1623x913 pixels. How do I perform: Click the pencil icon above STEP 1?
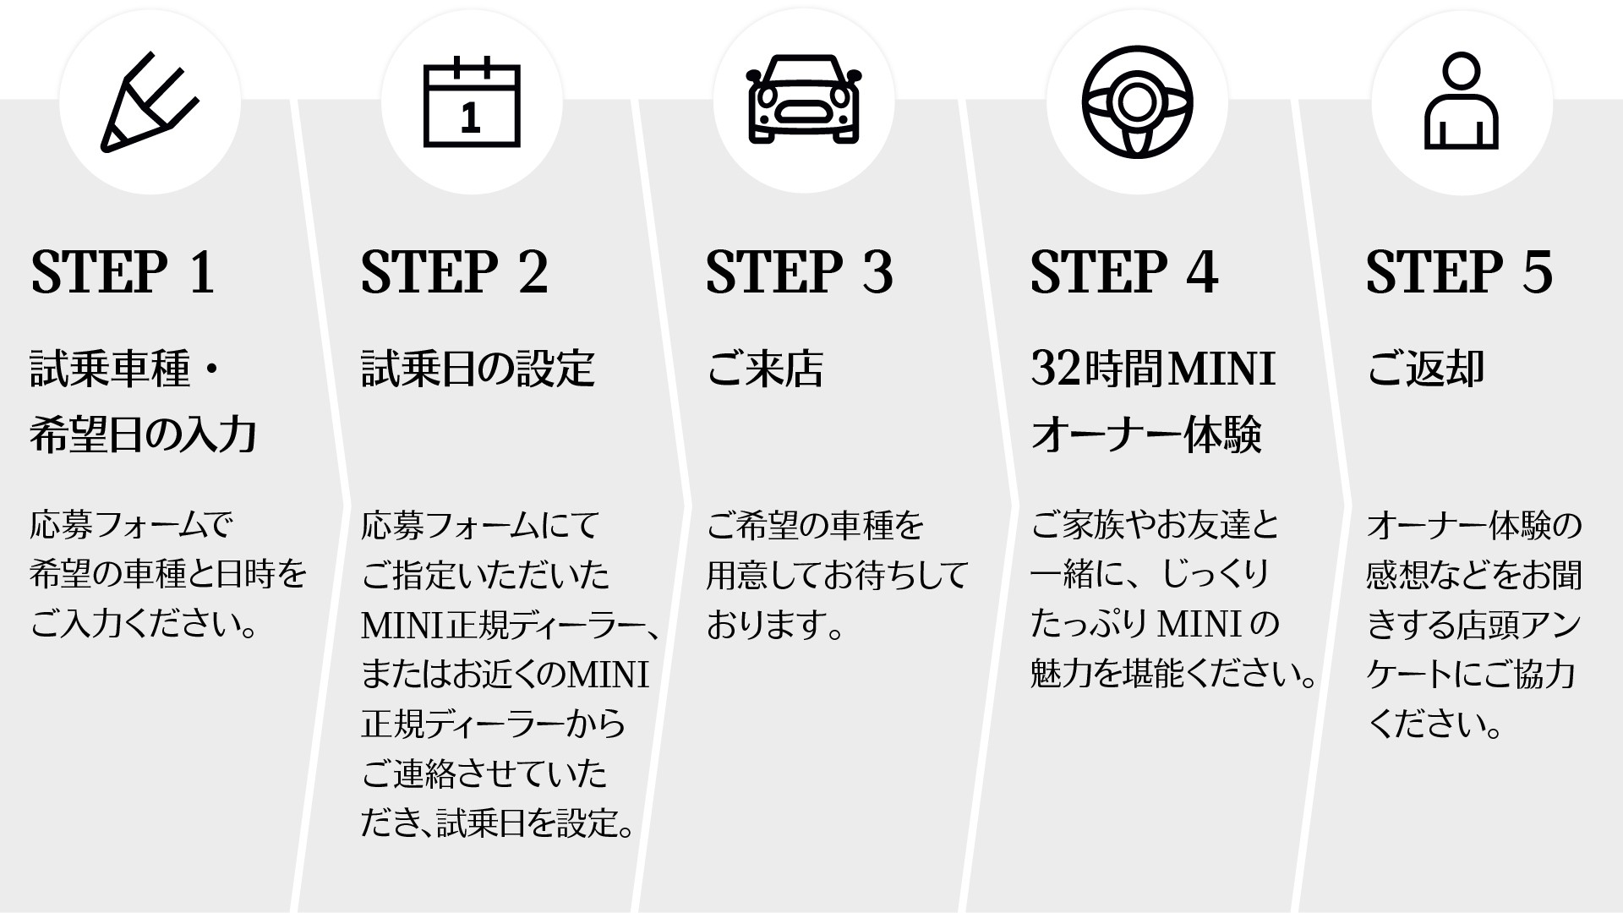pyautogui.click(x=149, y=103)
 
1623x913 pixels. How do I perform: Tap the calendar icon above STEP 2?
pyautogui.click(x=472, y=103)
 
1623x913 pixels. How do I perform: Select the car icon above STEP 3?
pyautogui.click(x=803, y=100)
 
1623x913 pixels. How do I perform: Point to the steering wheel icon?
pyautogui.click(x=1137, y=101)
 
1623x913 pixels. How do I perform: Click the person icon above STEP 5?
pyautogui.click(x=1462, y=101)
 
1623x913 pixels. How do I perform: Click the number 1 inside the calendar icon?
pyautogui.click(x=471, y=117)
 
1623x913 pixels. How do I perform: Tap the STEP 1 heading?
pyautogui.click(x=123, y=272)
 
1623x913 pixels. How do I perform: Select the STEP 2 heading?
pyautogui.click(x=455, y=272)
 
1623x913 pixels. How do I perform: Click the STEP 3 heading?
pyautogui.click(x=800, y=272)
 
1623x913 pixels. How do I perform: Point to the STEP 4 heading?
pyautogui.click(x=1124, y=272)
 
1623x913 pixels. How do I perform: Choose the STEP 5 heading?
pyautogui.click(x=1460, y=272)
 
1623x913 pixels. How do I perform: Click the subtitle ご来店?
pyautogui.click(x=765, y=369)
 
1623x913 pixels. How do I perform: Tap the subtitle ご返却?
pyautogui.click(x=1426, y=369)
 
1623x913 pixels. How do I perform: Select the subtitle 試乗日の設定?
pyautogui.click(x=478, y=369)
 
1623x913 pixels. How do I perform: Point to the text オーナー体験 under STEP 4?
pyautogui.click(x=1146, y=435)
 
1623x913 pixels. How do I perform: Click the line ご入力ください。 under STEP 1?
pyautogui.click(x=145, y=626)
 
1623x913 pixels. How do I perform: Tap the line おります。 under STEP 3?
pyautogui.click(x=775, y=626)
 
